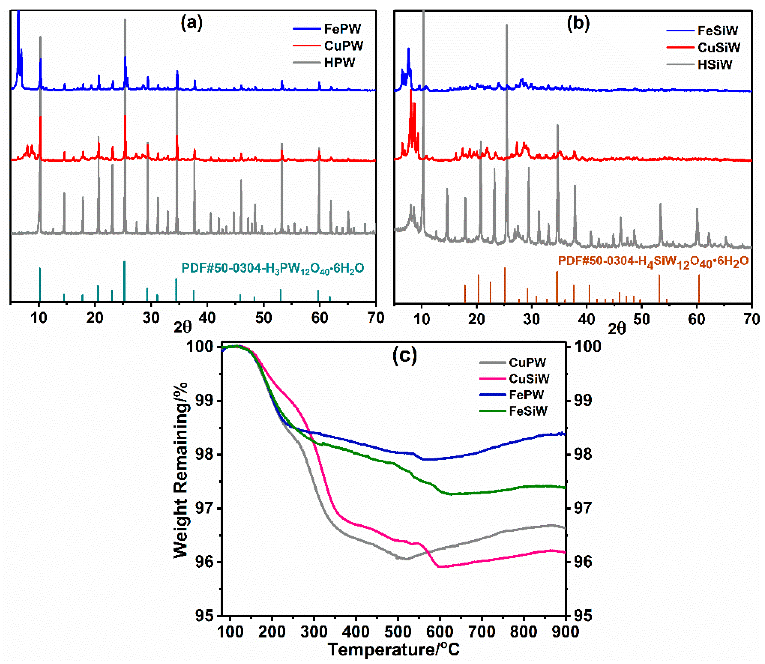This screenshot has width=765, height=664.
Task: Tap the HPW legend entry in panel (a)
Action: click(x=339, y=63)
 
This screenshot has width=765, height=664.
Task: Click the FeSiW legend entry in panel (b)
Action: click(x=717, y=30)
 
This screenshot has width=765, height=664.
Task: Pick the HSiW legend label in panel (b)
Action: click(x=715, y=65)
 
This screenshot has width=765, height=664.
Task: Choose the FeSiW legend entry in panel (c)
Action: click(x=528, y=411)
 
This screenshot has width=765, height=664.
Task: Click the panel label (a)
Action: click(x=192, y=23)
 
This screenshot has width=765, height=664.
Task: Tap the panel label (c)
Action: click(x=405, y=355)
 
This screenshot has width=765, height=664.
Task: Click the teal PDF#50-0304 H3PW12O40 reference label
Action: click(x=273, y=268)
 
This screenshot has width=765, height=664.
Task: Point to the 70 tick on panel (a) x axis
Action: click(x=375, y=318)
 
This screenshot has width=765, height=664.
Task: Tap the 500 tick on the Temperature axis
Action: click(x=398, y=631)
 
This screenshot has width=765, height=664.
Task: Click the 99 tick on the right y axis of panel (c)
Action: click(x=583, y=400)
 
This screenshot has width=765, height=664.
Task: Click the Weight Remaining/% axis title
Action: click(x=180, y=470)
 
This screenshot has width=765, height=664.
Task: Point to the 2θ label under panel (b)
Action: click(x=616, y=328)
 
